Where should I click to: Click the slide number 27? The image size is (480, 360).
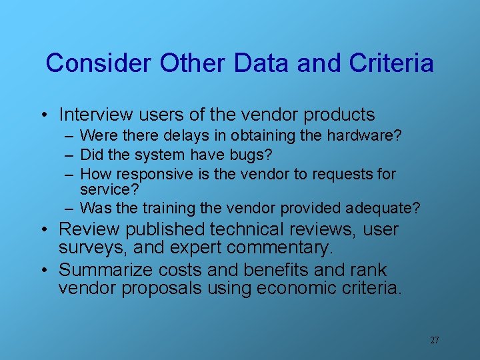434,340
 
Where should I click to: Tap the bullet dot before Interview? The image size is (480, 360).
42,116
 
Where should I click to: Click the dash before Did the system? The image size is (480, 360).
69,155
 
